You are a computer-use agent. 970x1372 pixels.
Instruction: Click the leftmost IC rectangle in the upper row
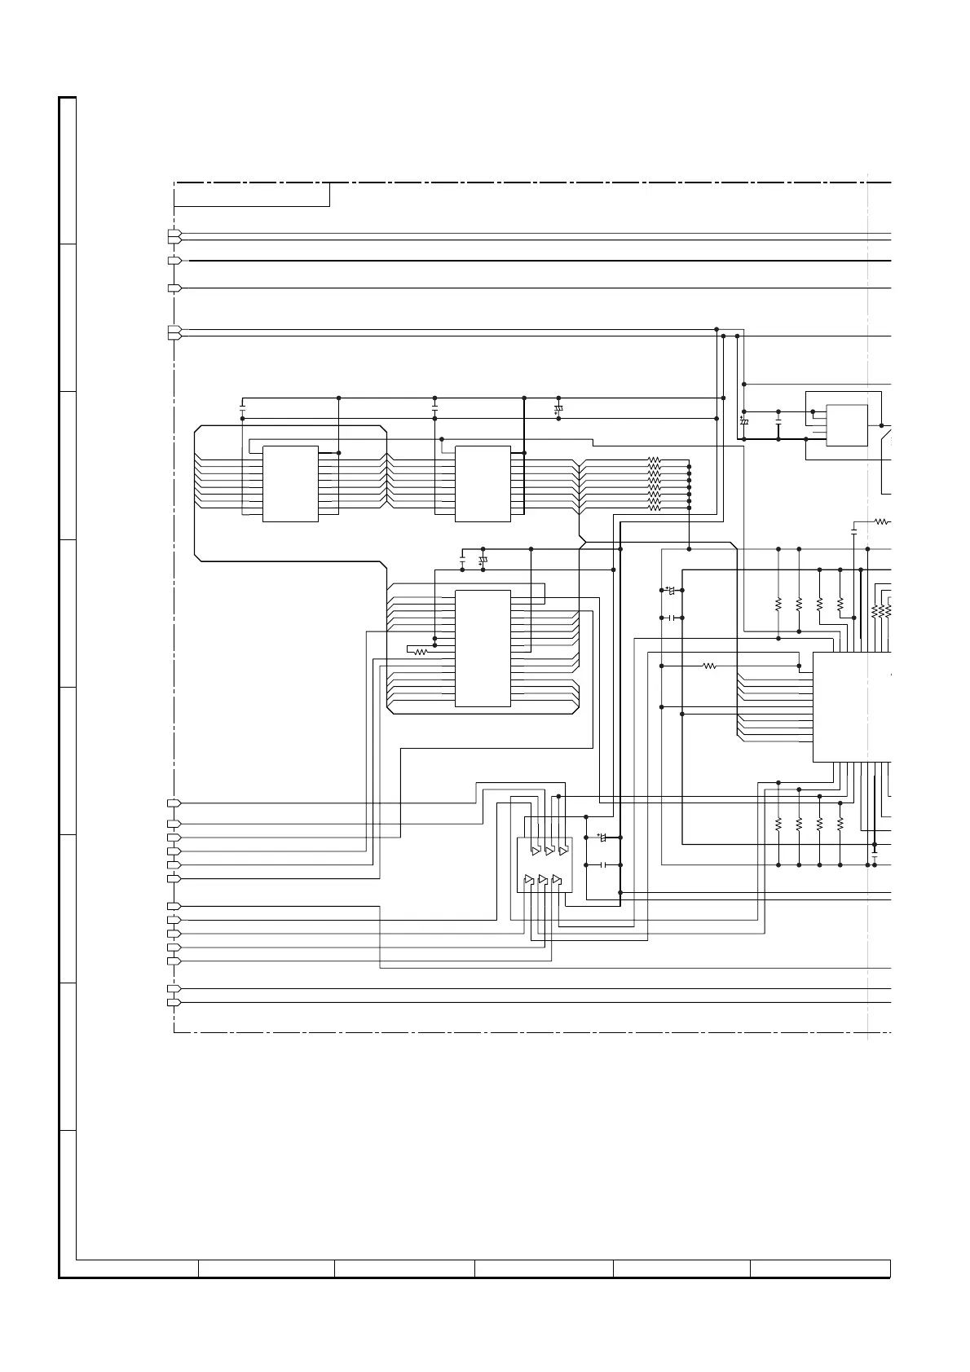pyautogui.click(x=290, y=483)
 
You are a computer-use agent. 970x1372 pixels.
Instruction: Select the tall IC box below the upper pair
pyautogui.click(x=483, y=648)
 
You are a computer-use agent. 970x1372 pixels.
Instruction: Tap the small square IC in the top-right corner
pyautogui.click(x=847, y=425)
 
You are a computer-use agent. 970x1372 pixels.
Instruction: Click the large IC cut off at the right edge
pyautogui.click(x=852, y=706)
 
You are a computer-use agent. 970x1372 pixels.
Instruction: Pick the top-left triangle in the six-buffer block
pyautogui.click(x=535, y=851)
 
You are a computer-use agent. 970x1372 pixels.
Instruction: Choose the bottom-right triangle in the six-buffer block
pyautogui.click(x=557, y=879)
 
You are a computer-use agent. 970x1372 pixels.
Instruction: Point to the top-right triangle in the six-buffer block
pyautogui.click(x=562, y=851)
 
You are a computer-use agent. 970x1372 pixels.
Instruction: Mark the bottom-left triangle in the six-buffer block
pyautogui.click(x=529, y=879)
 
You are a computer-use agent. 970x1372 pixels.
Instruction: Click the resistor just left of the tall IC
pyautogui.click(x=421, y=652)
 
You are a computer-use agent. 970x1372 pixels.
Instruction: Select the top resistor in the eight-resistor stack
pyautogui.click(x=654, y=460)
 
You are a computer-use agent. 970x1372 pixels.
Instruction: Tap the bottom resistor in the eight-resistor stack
pyautogui.click(x=654, y=508)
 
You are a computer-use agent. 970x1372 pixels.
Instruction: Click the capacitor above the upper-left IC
pyautogui.click(x=243, y=404)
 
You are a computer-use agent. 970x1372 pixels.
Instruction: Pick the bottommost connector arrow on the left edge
pyautogui.click(x=174, y=1002)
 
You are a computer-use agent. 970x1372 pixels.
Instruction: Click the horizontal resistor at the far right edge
pyautogui.click(x=881, y=521)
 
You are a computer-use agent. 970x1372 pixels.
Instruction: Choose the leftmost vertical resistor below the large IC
pyautogui.click(x=778, y=825)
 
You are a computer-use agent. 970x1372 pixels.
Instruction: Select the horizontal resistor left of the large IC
pyautogui.click(x=709, y=666)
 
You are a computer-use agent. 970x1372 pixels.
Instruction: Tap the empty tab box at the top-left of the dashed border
pyautogui.click(x=252, y=195)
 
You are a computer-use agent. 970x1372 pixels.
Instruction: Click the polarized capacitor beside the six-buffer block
pyautogui.click(x=603, y=838)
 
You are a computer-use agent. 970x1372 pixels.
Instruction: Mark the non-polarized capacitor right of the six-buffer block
pyautogui.click(x=603, y=864)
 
